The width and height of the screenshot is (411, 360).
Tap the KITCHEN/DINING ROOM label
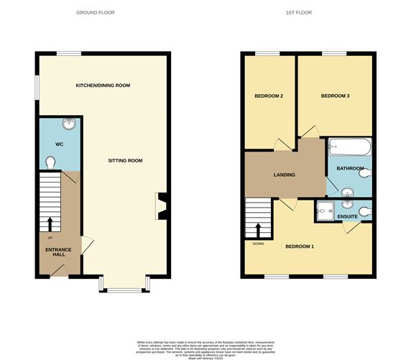pyautogui.click(x=103, y=86)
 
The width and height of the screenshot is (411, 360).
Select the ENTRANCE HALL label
pyautogui.click(x=50, y=251)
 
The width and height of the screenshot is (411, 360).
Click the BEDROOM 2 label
pyautogui.click(x=268, y=96)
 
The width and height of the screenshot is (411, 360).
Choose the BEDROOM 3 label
pyautogui.click(x=335, y=96)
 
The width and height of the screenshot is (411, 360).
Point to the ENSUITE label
pyautogui.click(x=348, y=216)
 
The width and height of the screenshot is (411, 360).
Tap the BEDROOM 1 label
pyautogui.click(x=300, y=246)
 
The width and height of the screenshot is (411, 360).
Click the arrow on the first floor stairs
pyautogui.click(x=259, y=229)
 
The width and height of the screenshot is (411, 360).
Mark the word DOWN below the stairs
pyautogui.click(x=258, y=243)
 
